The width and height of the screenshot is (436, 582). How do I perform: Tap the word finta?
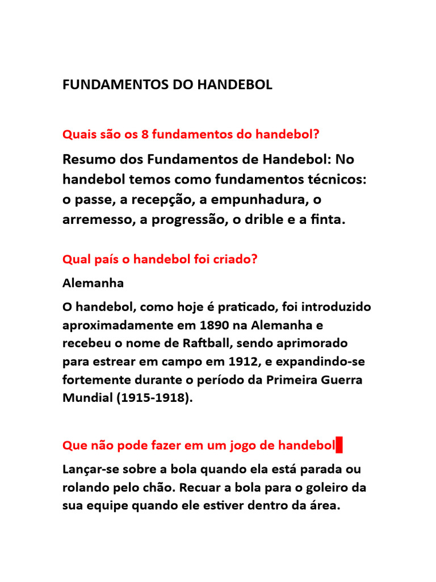click(328, 221)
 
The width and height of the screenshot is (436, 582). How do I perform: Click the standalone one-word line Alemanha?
click(93, 282)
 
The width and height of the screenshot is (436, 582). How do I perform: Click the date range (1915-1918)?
click(154, 398)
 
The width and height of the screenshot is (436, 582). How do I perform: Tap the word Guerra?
click(341, 380)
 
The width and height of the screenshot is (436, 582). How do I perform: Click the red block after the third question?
click(339, 445)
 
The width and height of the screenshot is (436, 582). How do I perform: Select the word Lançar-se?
click(91, 470)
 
